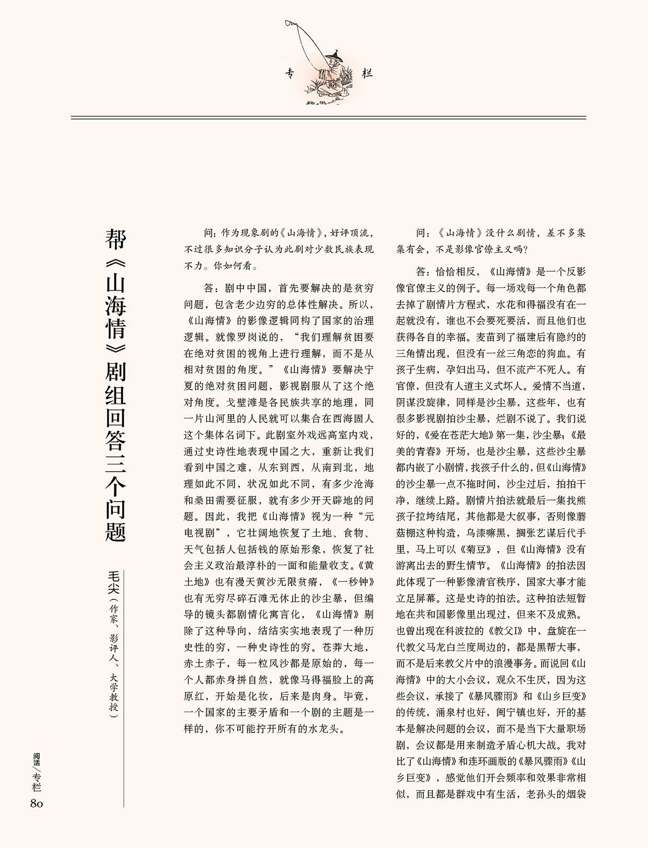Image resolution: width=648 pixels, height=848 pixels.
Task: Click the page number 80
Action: coord(37,803)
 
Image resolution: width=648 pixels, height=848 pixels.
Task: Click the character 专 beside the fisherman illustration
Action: coord(291,74)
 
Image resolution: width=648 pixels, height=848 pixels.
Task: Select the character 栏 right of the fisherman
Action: coord(367,74)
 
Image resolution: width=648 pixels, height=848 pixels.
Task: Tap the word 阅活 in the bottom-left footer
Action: coord(37,759)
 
